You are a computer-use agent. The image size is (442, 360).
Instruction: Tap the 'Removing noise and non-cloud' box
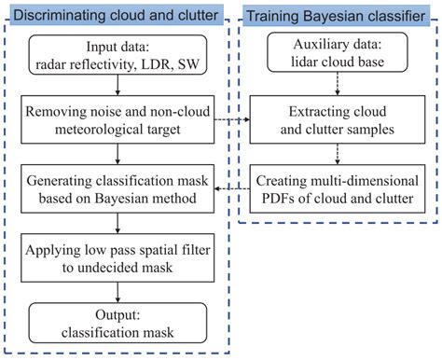[x=117, y=120]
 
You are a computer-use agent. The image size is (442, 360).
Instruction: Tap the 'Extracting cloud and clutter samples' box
[x=337, y=120]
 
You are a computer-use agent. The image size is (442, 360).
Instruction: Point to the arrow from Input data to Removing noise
[x=117, y=88]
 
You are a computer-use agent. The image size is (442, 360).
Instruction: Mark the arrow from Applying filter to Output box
[x=117, y=289]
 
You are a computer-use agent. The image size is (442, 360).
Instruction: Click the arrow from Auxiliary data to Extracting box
[x=337, y=88]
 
